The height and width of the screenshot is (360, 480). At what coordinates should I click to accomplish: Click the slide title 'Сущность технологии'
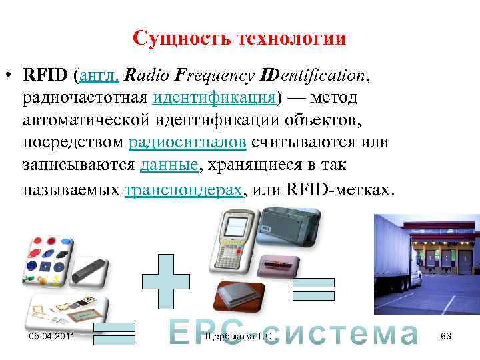click(239, 38)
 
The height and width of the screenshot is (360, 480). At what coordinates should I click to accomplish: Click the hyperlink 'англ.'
click(99, 75)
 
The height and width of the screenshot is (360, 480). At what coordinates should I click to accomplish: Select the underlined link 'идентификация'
click(214, 98)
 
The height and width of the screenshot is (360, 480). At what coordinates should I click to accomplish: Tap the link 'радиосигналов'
click(189, 143)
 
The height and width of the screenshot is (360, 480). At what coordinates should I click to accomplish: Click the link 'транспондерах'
click(184, 189)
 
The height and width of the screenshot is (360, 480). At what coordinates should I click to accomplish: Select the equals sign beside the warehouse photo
click(313, 291)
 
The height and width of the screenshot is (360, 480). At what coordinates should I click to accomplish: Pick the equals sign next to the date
click(114, 333)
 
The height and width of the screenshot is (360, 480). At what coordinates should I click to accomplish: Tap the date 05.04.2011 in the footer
click(53, 337)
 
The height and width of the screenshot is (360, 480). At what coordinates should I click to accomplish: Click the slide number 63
click(446, 337)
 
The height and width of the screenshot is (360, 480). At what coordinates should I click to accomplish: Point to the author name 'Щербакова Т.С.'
click(240, 337)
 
